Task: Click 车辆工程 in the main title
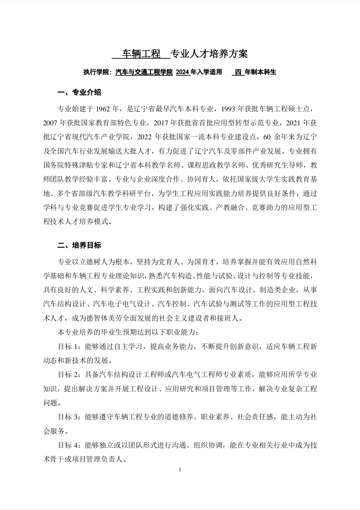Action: pyautogui.click(x=141, y=54)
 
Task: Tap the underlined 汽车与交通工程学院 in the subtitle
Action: pyautogui.click(x=144, y=72)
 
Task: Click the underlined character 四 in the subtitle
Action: pyautogui.click(x=238, y=72)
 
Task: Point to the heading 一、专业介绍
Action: pyautogui.click(x=79, y=92)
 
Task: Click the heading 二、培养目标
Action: pyautogui.click(x=79, y=245)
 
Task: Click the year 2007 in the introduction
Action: pyautogui.click(x=51, y=123)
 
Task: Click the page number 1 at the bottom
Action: pyautogui.click(x=180, y=470)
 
